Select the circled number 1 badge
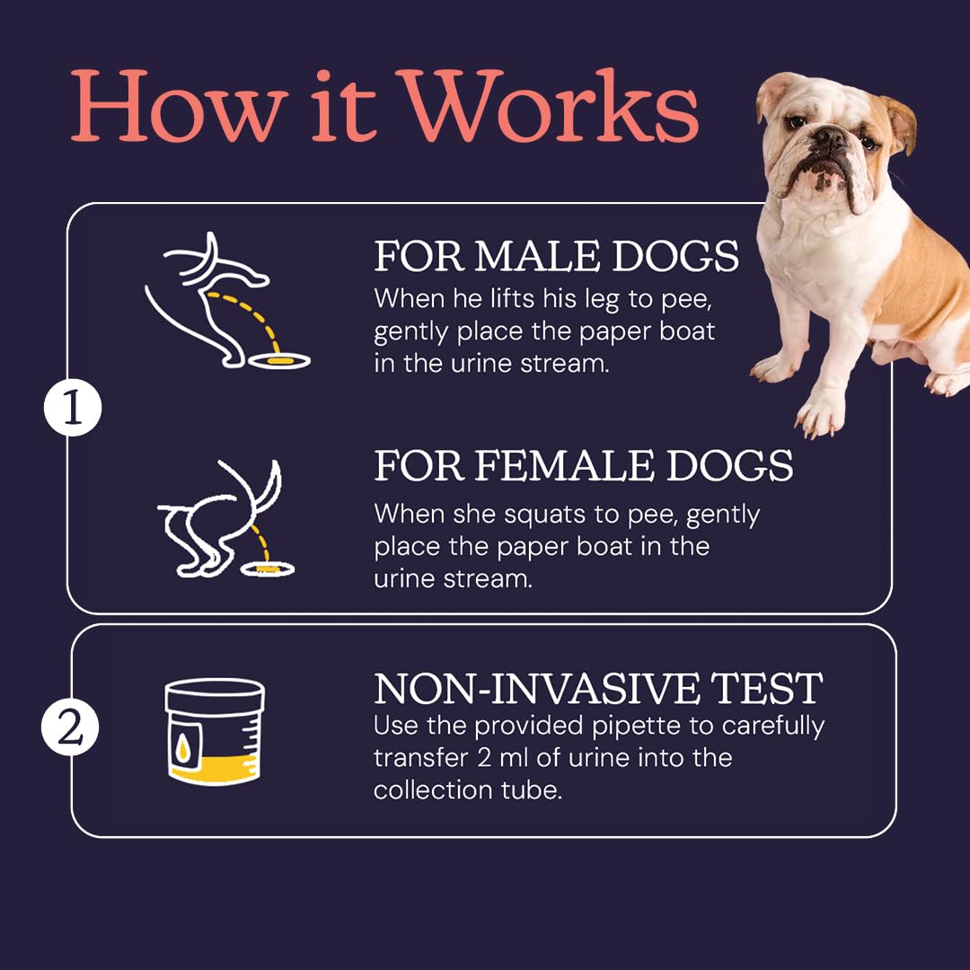tap(73, 408)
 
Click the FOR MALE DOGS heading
tap(556, 256)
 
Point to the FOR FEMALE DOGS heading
tap(584, 465)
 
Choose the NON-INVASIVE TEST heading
tap(598, 688)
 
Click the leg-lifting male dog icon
tap(227, 301)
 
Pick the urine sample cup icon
tap(215, 731)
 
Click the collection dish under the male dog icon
tap(279, 360)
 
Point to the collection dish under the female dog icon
tap(268, 568)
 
